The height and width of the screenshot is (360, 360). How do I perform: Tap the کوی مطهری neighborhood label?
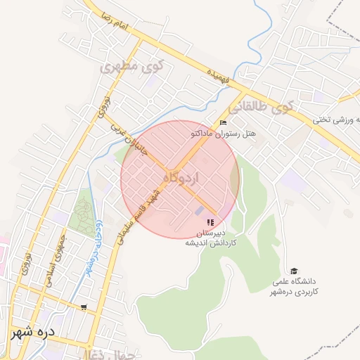[x=131, y=68]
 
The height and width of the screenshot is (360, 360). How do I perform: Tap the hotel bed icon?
[x=224, y=123]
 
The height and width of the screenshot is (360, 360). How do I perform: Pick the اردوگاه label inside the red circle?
[x=181, y=178]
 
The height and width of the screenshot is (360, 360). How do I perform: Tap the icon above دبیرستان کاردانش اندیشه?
[x=210, y=221]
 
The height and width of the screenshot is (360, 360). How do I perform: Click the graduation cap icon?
[x=294, y=271]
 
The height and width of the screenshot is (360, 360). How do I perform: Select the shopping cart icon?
[x=85, y=307]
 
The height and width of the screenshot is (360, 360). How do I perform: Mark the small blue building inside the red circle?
[x=200, y=210]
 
